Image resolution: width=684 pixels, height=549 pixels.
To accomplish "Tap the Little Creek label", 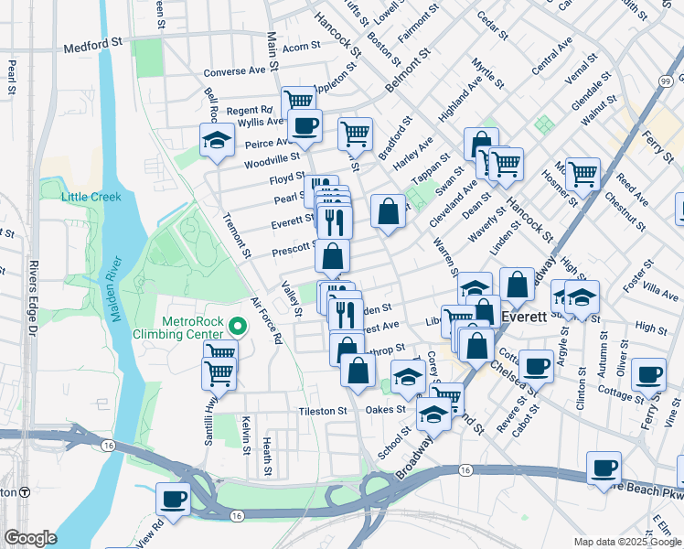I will click(x=91, y=197).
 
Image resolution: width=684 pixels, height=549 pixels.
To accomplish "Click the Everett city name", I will click(x=525, y=317).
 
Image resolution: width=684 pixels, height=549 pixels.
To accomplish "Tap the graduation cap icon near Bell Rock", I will click(x=217, y=141).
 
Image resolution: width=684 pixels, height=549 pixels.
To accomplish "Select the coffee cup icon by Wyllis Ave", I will click(x=305, y=125).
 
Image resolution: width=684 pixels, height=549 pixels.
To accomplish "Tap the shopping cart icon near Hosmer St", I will click(x=582, y=172).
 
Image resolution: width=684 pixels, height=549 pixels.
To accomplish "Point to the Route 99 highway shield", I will click(x=675, y=81).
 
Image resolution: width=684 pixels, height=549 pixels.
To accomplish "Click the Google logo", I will click(x=31, y=538).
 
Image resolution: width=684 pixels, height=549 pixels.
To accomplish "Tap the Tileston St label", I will click(x=323, y=412).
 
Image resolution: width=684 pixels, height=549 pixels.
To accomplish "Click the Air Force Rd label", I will click(x=264, y=320).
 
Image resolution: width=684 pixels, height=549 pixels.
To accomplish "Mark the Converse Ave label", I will click(x=234, y=71).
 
